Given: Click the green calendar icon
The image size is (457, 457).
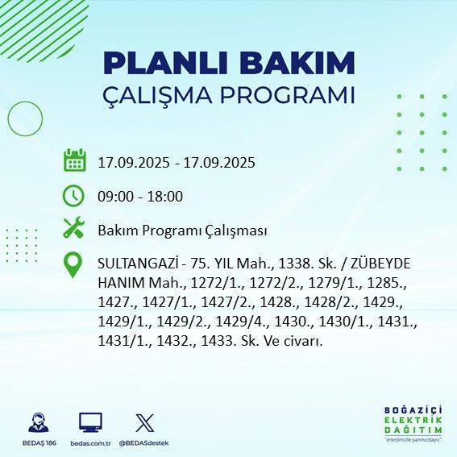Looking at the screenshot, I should (74, 160).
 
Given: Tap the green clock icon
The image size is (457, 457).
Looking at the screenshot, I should (74, 195).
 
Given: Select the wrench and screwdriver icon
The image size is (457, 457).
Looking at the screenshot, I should (74, 229).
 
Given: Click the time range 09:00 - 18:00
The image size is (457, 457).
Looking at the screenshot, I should (140, 196).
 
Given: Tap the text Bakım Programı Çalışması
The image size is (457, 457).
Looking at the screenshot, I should (182, 231).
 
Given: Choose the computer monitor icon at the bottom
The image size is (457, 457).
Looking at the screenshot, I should (89, 423).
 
